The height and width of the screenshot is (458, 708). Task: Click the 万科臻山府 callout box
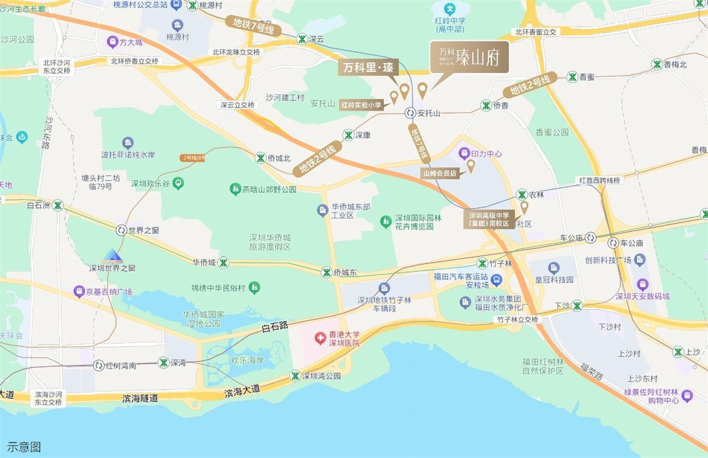pos(470,57)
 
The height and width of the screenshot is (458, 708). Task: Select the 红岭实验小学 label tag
pos(361,104)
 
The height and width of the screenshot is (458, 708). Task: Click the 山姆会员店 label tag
pos(440,173)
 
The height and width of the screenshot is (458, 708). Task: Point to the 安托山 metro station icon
pos(410,113)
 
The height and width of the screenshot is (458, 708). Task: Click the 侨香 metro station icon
pos(486,106)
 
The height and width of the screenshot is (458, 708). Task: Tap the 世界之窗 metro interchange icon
pos(121,230)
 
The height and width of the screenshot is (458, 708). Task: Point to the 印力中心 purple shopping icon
pos(464,153)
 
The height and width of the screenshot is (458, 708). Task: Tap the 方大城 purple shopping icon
pos(112,43)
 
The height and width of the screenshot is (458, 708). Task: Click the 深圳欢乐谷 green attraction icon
pos(178,182)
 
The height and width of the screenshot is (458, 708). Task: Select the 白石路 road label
pos(275,326)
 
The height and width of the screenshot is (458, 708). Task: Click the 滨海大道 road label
pos(242,391)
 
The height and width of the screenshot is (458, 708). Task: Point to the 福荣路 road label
pos(591,373)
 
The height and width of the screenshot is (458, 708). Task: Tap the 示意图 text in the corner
pos(24,447)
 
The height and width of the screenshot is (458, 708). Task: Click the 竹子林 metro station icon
pos(482,264)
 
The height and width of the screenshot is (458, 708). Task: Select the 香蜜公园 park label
pos(552,132)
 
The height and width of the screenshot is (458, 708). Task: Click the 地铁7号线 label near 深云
pos(254,25)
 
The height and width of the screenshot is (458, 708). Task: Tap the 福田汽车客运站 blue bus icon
pos(496,280)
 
